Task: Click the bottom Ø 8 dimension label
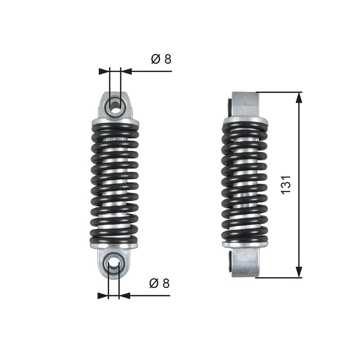(160, 283)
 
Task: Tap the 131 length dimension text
(286, 184)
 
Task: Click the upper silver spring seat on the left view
(115, 121)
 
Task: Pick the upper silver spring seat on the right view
(245, 120)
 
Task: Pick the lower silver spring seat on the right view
(245, 244)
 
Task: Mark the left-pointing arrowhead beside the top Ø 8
(126, 71)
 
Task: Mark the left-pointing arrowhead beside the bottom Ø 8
(124, 296)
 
